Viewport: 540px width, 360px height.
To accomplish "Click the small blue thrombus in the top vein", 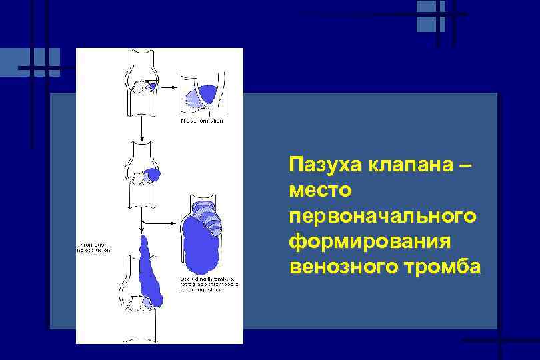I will click(x=152, y=86).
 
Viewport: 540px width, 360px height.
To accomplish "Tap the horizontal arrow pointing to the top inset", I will click(x=169, y=85).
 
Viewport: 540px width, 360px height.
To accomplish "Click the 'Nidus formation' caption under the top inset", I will click(x=201, y=121).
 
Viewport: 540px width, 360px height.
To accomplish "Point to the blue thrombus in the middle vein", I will click(x=153, y=175).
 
